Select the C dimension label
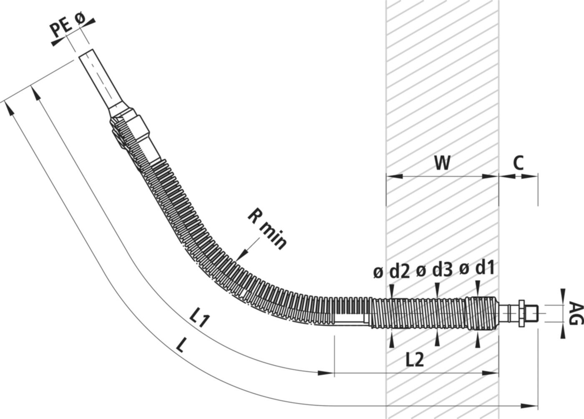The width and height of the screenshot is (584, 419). click(518, 163)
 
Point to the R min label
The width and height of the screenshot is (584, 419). click(267, 229)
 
